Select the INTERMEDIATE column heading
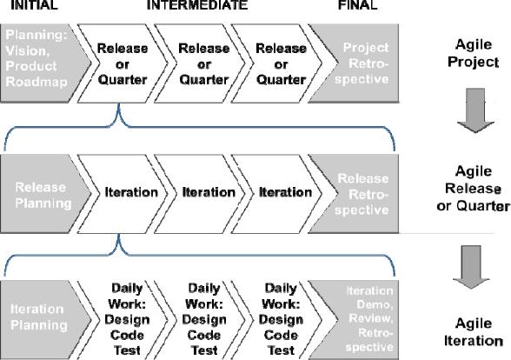[x=197, y=5]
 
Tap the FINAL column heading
[x=356, y=5]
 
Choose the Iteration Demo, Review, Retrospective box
[x=363, y=317]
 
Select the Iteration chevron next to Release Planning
[x=130, y=191]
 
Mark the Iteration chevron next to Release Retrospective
[x=285, y=191]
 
